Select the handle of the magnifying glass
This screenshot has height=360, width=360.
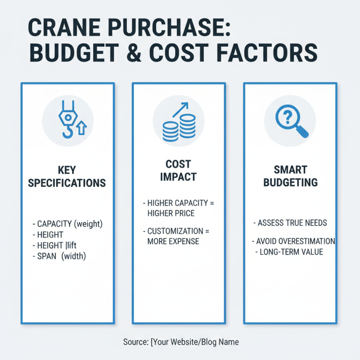coord(302,132)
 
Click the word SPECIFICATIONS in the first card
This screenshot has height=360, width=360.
coord(67,183)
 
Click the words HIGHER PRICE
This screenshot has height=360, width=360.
coord(171,212)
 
